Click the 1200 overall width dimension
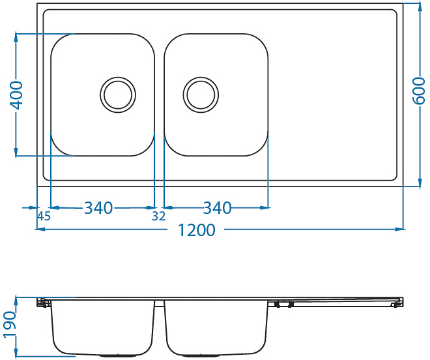point(197,230)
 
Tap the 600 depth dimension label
point(419,91)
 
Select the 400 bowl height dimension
point(16,95)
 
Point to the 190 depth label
point(10,324)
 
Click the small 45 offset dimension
point(44,217)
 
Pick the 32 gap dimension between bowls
point(159,217)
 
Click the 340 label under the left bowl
point(98,208)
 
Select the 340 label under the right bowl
point(217,208)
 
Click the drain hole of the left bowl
point(118,95)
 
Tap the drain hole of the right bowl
point(201,95)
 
